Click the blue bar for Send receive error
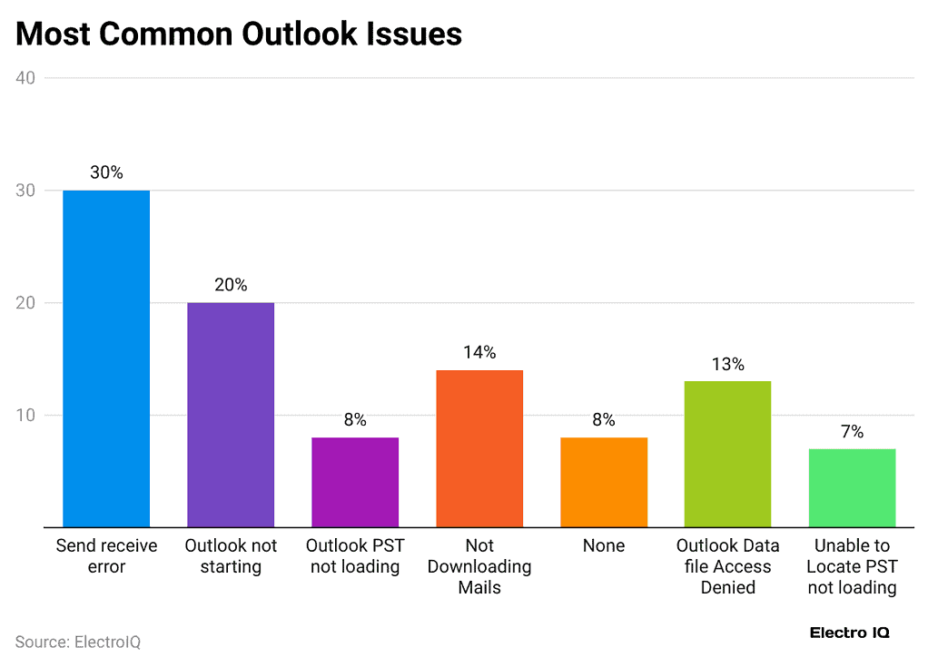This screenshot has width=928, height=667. pos(106,358)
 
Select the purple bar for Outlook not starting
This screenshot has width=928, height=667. pos(231,415)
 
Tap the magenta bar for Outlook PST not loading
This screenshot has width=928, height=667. pos(355,482)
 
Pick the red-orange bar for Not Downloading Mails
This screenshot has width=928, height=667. pos(479,448)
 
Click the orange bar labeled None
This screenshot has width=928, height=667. pos(604,482)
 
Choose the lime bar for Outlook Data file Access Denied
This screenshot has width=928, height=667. pos(727,454)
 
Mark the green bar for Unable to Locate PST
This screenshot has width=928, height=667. pos(852,487)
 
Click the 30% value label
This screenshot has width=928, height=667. pos(106,172)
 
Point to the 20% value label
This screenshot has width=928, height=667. pos(231,285)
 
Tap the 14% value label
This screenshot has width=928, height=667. pos(479,352)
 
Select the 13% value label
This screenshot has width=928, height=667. pos(727,364)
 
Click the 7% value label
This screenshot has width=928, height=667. pos(852,431)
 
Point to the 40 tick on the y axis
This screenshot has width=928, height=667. pos(25,78)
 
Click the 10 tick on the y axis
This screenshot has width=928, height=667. pos(25,416)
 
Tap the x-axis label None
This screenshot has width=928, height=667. pos(604,545)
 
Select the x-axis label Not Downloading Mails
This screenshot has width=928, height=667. pos(479,566)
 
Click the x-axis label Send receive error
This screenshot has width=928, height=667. pos(106,555)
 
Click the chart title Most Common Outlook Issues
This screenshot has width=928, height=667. pos(239,34)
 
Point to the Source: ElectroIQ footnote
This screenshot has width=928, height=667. pos(78,642)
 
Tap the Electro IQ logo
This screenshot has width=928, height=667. pos(849,633)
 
